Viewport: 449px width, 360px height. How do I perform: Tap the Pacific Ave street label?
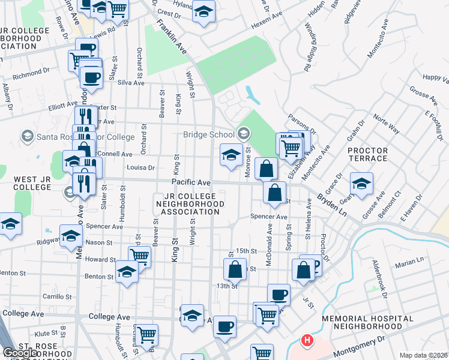(191, 182)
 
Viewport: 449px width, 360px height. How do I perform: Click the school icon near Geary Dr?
(361, 184)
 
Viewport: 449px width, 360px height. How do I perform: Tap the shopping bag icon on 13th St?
(235, 269)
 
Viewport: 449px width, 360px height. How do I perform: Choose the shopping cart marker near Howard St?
(139, 256)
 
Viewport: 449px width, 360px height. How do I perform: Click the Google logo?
(20, 353)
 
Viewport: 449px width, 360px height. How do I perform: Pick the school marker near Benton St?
(126, 273)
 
